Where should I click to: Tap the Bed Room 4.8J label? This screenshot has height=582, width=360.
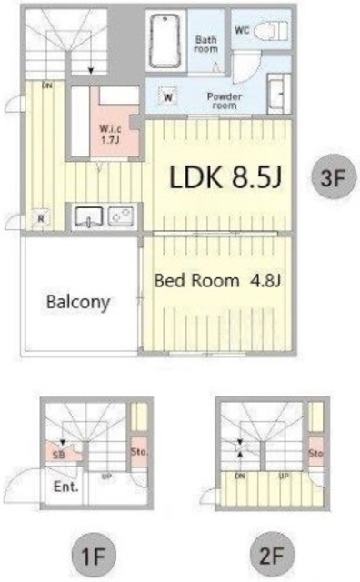[216, 280]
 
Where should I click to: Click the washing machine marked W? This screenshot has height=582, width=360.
[169, 95]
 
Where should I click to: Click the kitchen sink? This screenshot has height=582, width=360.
[88, 216]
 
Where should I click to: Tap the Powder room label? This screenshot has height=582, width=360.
[222, 98]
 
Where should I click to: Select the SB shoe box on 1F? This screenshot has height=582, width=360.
[58, 454]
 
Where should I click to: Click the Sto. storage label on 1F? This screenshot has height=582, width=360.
[137, 450]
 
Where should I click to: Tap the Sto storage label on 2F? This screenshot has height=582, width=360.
[315, 452]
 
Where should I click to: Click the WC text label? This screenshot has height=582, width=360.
[242, 30]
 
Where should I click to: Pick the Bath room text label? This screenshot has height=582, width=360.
[206, 44]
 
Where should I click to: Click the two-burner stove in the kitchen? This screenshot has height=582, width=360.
[121, 216]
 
